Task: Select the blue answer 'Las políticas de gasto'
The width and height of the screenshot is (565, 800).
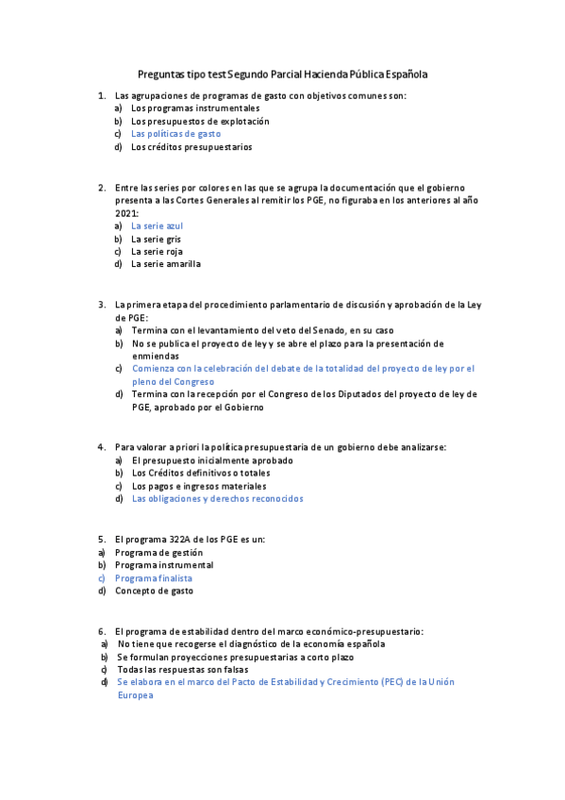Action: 176,134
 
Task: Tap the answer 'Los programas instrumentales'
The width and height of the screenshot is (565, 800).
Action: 182,108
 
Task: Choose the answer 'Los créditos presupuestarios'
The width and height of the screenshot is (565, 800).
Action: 191,147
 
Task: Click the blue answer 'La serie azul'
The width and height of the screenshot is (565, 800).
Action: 158,226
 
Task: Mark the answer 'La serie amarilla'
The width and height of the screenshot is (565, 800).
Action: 166,264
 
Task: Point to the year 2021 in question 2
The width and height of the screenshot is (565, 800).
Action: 126,213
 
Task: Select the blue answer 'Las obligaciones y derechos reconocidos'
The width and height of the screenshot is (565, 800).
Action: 218,498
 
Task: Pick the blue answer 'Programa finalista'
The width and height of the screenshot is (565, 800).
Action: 154,577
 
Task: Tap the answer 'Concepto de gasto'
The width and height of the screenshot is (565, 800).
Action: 155,591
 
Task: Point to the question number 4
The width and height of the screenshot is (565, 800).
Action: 102,447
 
